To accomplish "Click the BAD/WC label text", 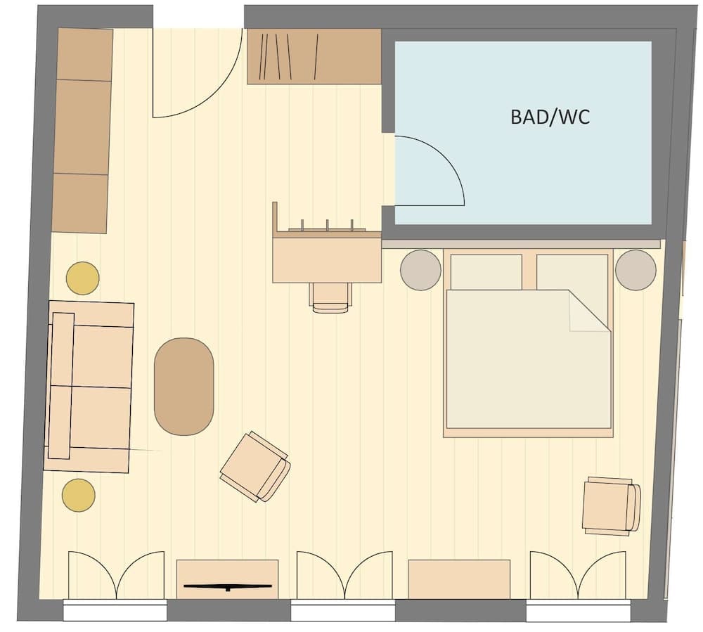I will pos(550,117).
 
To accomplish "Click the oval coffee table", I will pos(183,387).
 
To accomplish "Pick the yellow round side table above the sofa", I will pos(83,278).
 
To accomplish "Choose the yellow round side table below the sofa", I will pos(78,495).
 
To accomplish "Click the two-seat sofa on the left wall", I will pos(89,387).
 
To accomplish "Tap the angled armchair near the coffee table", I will pos(254,467).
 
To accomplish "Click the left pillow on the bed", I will pos(486,271).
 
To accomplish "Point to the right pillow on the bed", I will pos(572,271).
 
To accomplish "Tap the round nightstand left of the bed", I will pos(420,270).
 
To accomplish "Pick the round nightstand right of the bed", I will pos(636,270).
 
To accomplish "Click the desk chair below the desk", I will pos(330,297).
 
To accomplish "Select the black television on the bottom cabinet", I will pos(227,586).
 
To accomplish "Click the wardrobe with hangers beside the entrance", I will pos(314,57).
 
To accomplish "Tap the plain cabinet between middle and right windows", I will pos(459,579).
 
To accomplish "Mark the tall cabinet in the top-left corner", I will pos(82,131).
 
